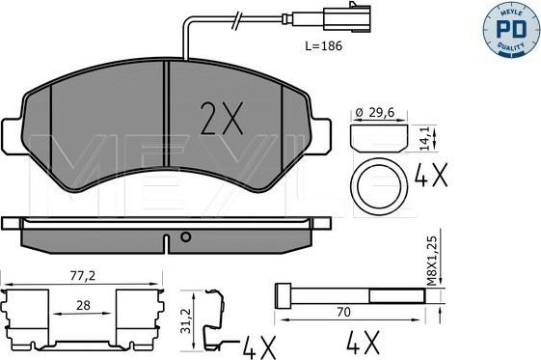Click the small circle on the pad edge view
(x=185, y=235)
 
